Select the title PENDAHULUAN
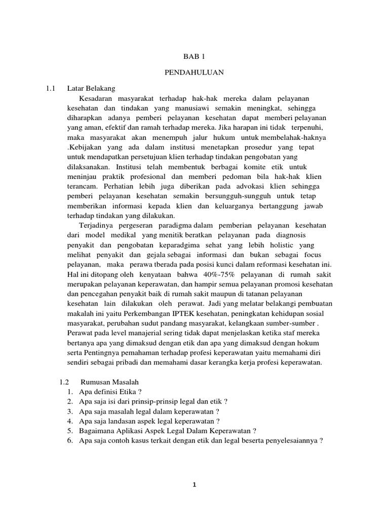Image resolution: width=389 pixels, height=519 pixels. [x=194, y=73]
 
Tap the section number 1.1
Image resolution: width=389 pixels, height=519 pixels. [x=50, y=88]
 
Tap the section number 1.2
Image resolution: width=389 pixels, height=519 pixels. [x=64, y=382]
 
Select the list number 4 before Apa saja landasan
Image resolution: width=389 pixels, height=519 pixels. [x=69, y=421]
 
